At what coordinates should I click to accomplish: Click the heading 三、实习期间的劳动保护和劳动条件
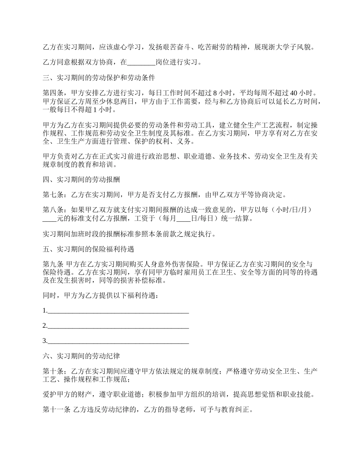pos(99,78)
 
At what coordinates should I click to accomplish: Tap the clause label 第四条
pos(53,94)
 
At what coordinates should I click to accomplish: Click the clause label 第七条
pos(53,195)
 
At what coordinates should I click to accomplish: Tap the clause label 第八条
pos(53,211)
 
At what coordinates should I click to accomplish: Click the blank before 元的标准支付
pos(49,219)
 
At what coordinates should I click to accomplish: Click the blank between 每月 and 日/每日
pos(183,219)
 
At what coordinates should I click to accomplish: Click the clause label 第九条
pos(53,264)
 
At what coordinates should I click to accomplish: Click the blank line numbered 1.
pos(118,311)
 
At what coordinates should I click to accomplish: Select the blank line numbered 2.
pos(118,326)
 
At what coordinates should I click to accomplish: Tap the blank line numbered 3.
pos(118,341)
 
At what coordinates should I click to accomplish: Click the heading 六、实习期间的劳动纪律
pos(81,357)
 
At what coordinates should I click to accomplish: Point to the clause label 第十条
pos(53,372)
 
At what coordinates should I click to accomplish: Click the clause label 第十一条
pos(56,410)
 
